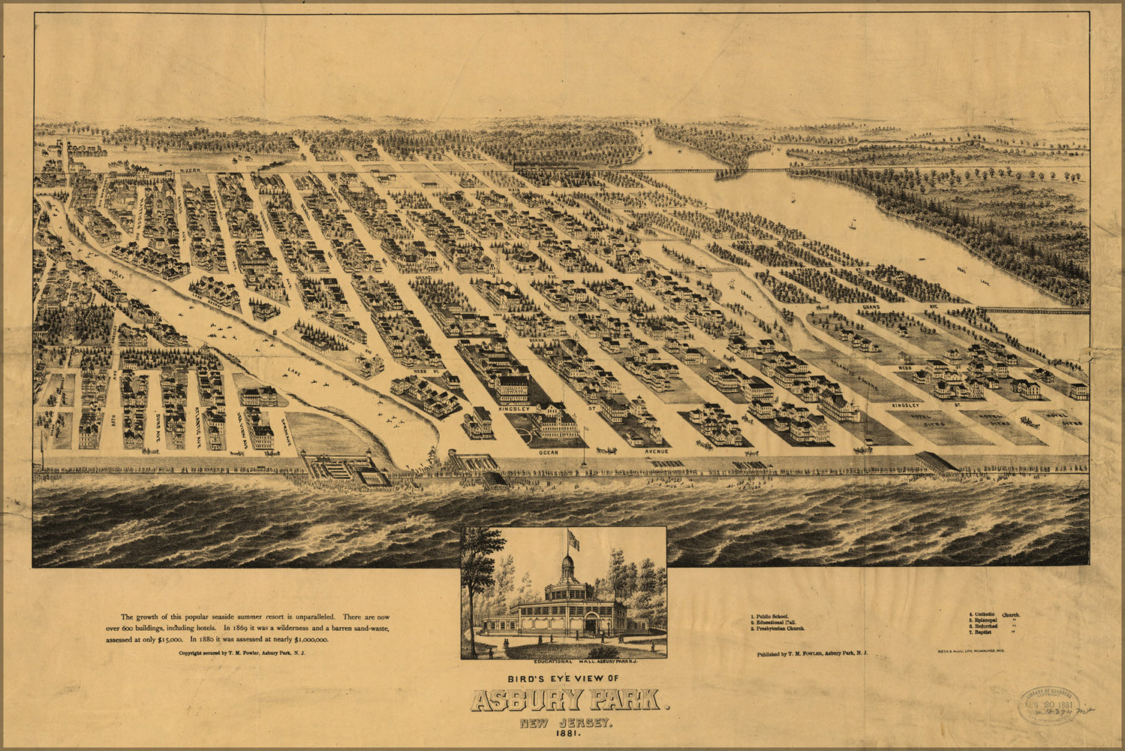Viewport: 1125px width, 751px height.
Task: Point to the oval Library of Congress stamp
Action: pos(1048,705)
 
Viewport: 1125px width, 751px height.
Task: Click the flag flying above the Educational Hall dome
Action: pos(574,539)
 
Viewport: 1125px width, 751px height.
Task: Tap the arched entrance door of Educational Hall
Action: pos(591,623)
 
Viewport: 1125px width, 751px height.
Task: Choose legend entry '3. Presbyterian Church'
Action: pos(779,628)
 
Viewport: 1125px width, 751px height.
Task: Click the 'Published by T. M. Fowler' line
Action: pos(812,653)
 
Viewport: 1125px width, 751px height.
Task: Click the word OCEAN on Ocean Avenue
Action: pos(549,453)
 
